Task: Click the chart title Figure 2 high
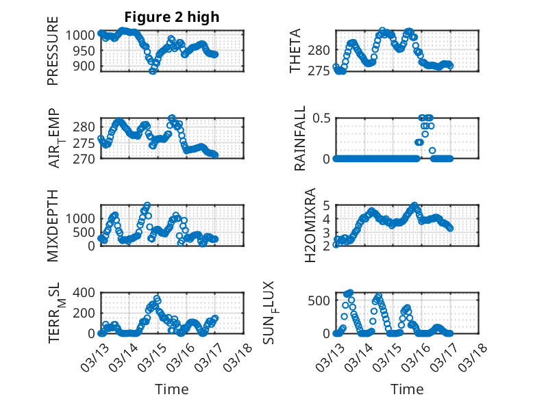[171, 17]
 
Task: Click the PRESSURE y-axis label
[53, 56]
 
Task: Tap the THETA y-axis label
[295, 51]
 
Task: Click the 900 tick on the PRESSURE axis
[87, 66]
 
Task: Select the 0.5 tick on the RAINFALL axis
[321, 118]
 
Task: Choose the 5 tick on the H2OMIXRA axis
[327, 205]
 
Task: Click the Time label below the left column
[171, 389]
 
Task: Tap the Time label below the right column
[407, 389]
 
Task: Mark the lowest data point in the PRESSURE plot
[152, 70]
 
